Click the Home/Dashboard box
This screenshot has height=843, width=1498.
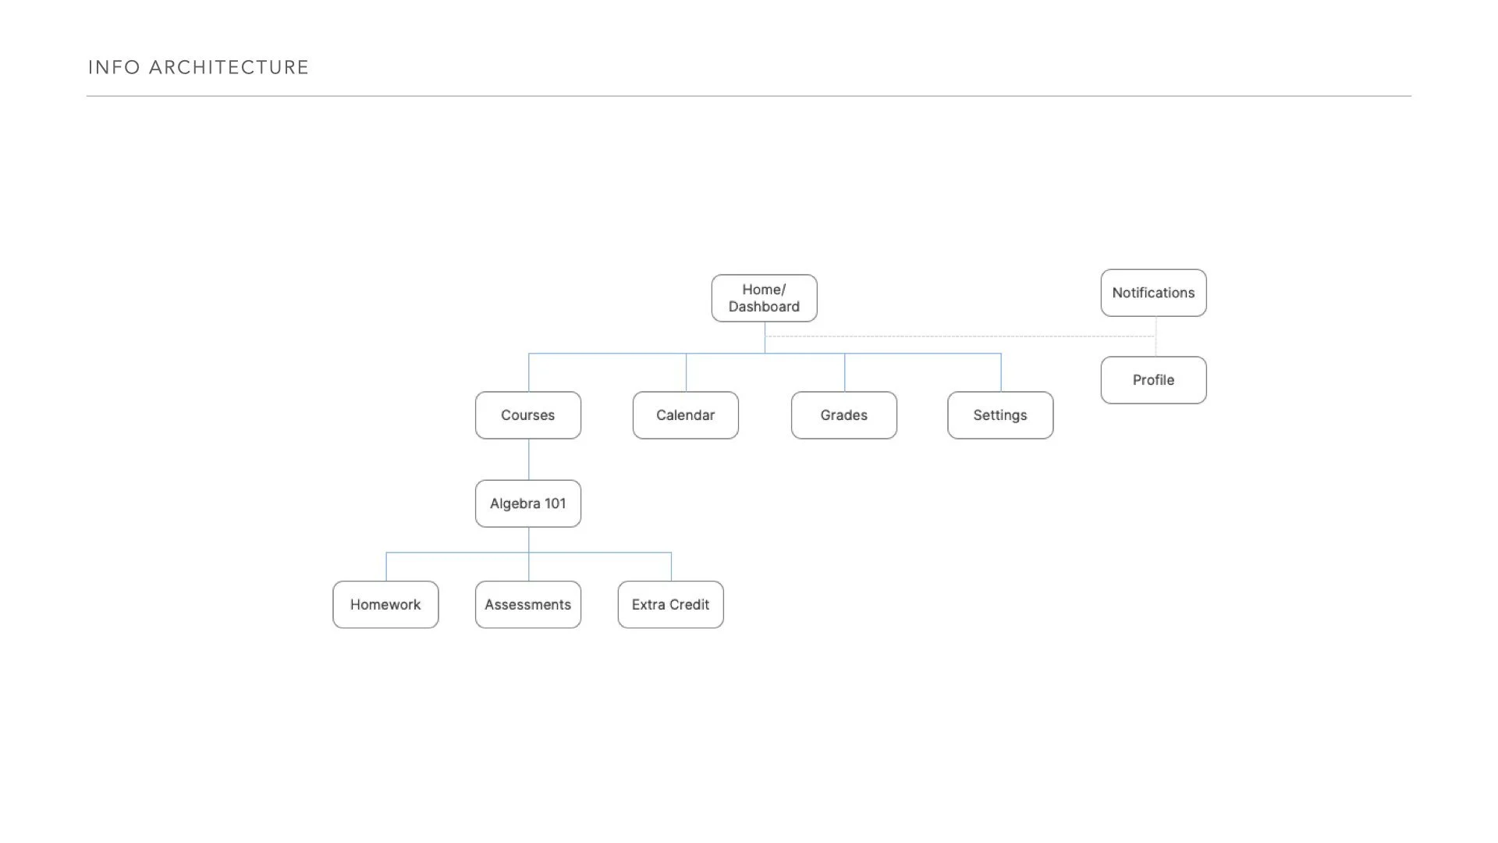[x=764, y=298]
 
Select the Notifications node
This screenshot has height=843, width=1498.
[x=1153, y=293]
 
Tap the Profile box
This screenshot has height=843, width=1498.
[x=1153, y=380]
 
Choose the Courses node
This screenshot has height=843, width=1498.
[x=528, y=415]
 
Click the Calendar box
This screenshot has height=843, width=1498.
[x=686, y=415]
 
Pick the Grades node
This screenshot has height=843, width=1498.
[x=844, y=415]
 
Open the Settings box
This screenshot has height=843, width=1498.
[x=1000, y=415]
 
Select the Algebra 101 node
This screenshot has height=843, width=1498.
[x=528, y=503]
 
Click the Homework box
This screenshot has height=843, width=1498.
[x=385, y=605]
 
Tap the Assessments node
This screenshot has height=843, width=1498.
[x=528, y=605]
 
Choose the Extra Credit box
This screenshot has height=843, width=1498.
[x=671, y=605]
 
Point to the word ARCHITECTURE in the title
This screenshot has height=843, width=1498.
[x=229, y=68]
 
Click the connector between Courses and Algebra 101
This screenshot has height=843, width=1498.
[x=529, y=460]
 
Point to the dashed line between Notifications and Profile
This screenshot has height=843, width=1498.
[x=1155, y=336]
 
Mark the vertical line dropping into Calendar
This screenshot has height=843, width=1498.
[x=687, y=372]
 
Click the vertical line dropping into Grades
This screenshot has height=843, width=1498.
[x=845, y=372]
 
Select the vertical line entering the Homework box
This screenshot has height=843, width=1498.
[x=386, y=567]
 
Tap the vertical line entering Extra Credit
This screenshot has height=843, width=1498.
[x=671, y=567]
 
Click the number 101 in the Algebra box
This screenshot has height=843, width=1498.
[x=556, y=503]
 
